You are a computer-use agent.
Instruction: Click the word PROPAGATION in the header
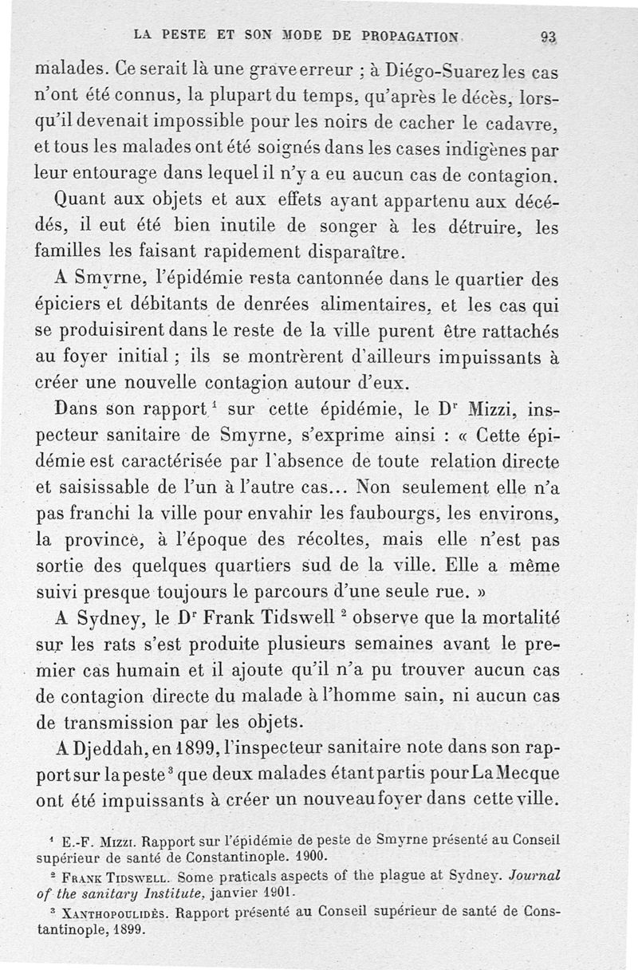click(411, 35)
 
